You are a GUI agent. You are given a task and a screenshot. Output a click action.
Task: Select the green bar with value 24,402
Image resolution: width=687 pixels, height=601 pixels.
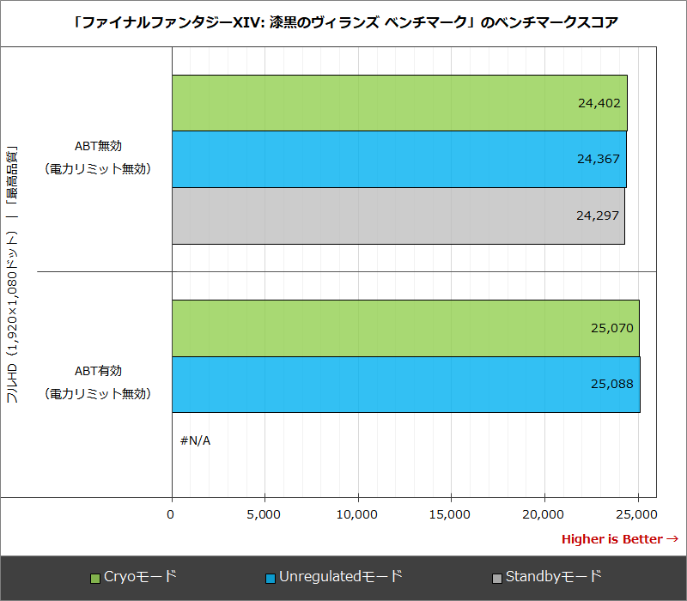coord(399,103)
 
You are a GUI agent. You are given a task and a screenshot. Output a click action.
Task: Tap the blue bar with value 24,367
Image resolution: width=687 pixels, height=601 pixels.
coord(398,159)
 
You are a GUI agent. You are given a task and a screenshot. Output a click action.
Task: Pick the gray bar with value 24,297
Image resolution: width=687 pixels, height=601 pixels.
coord(398,216)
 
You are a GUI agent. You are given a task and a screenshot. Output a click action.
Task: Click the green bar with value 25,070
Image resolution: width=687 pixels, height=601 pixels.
coord(405,328)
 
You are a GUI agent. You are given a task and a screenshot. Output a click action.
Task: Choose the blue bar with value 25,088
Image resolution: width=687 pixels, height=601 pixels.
coord(405,384)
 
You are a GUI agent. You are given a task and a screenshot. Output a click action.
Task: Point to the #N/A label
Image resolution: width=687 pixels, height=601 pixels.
coord(195,440)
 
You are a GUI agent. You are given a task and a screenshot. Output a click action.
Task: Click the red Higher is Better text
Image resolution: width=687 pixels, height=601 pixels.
coord(619,539)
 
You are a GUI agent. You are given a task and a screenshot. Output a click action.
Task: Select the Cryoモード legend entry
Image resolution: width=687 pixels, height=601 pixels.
coord(134,577)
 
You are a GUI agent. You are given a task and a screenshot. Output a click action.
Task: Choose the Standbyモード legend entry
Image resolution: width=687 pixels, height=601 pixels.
coord(547,577)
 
